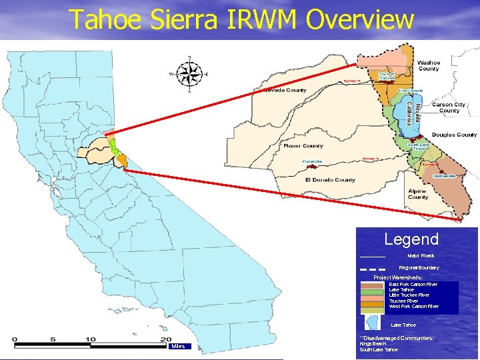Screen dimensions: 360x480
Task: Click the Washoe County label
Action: (x=429, y=65)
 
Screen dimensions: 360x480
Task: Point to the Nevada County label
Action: (x=285, y=90)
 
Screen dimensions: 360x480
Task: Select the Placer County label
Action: (x=303, y=145)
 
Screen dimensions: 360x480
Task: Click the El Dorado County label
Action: (x=330, y=179)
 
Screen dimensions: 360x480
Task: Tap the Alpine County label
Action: (x=418, y=194)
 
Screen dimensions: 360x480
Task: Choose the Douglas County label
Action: (x=454, y=135)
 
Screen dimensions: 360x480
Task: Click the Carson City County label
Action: (x=449, y=107)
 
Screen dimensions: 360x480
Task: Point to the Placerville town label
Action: (x=312, y=161)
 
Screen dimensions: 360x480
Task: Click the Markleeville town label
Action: (x=444, y=175)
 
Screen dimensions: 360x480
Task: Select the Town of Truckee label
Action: (x=387, y=75)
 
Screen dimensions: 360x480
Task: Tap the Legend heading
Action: (x=411, y=239)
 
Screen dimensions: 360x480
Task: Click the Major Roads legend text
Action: (x=421, y=255)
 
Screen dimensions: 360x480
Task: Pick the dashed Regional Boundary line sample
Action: (x=373, y=269)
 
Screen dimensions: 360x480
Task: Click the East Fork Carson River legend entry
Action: (x=413, y=284)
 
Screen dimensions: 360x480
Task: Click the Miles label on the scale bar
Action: (x=178, y=346)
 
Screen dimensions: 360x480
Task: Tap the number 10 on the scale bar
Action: (x=90, y=339)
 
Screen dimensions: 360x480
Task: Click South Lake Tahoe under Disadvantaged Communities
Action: (x=379, y=349)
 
